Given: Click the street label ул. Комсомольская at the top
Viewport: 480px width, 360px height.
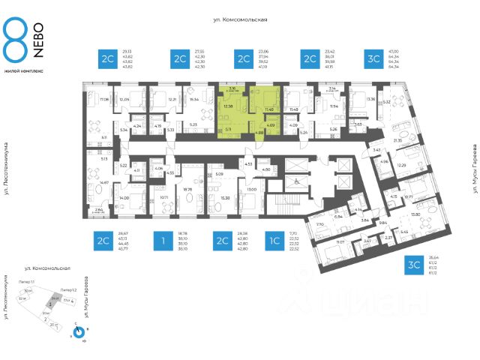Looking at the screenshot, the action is coord(240,21).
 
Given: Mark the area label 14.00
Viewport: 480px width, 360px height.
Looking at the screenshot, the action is coord(123,197).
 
